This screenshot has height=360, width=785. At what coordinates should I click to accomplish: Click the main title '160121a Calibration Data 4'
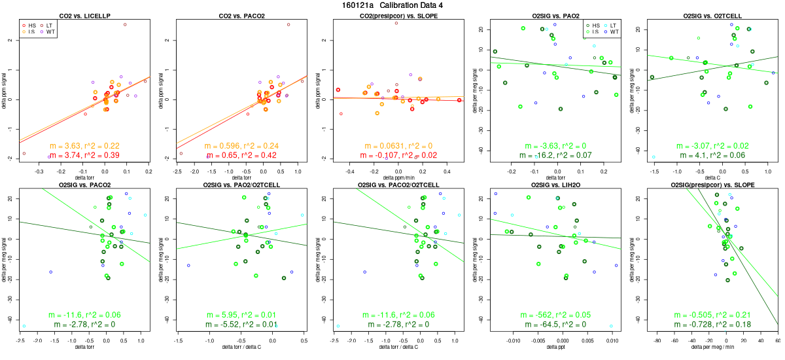(x=392, y=5)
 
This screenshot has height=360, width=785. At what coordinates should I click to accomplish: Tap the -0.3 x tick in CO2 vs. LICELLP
(x=40, y=170)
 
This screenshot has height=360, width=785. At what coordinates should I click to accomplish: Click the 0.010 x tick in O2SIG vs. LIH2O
(x=612, y=340)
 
